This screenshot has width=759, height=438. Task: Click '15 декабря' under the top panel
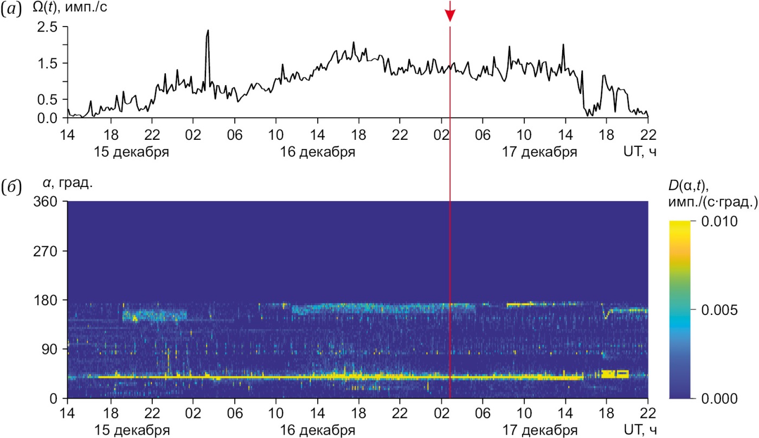(132, 151)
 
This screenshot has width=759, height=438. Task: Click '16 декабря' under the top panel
(318, 151)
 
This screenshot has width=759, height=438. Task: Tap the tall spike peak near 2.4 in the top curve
(208, 31)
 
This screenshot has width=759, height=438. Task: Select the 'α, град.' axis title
(67, 183)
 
